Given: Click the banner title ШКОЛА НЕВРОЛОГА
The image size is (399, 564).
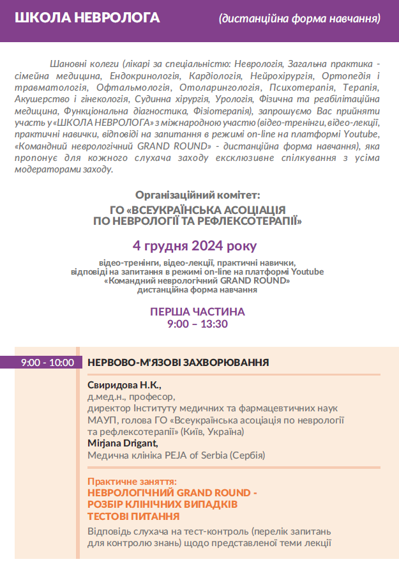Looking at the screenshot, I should coord(73,17).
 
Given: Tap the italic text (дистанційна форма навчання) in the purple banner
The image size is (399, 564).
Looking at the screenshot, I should coord(299,19).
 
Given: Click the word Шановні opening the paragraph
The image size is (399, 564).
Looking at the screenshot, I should coord(68,65).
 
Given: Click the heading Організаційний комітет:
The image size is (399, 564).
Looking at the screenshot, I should coord(198,195).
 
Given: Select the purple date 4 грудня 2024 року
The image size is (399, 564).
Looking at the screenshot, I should coord(195,246).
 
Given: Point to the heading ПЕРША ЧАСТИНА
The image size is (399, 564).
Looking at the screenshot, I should coord(197,312).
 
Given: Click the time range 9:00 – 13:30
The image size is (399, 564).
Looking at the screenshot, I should coord(197,324).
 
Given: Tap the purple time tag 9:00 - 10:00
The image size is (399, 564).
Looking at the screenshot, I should coord(47,363).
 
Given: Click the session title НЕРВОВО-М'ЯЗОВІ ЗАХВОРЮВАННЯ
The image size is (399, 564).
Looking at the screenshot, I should coord(178,363).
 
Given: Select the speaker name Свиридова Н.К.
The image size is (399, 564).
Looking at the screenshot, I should coord(124,385).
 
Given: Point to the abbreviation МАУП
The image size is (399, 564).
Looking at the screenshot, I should coord(100,420).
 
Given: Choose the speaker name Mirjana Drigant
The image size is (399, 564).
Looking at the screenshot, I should coord(123,443).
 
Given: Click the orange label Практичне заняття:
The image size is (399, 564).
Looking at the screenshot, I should coord(132,482).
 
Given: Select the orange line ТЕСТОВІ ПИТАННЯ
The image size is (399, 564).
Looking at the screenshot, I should coord(133,516).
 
